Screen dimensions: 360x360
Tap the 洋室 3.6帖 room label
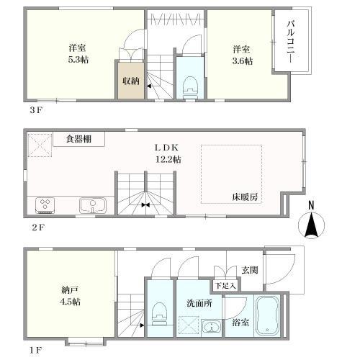point(242,55)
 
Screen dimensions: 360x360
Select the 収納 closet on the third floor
point(130,80)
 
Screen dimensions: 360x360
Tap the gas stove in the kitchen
point(45,205)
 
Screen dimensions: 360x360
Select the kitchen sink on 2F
point(91,205)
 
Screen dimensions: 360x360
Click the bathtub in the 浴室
point(266,315)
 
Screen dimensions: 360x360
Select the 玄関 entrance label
point(249,270)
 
